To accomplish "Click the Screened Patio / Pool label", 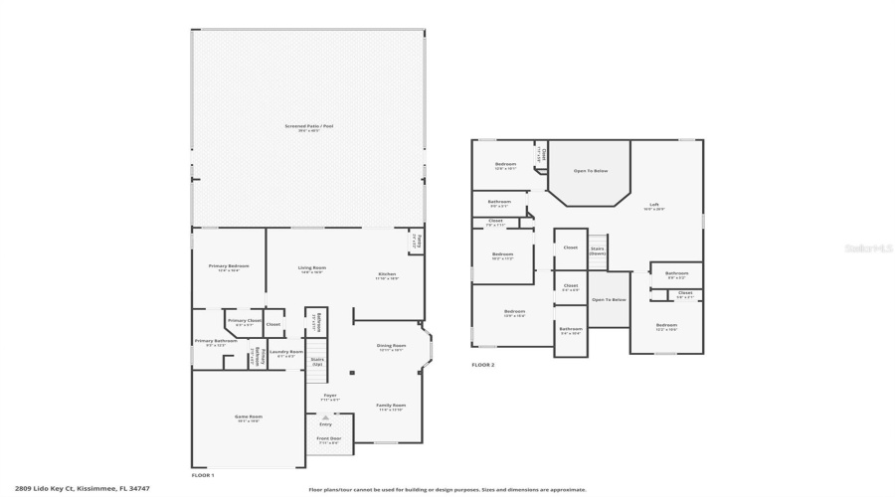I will [x=308, y=127].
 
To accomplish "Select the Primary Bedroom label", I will [x=229, y=267].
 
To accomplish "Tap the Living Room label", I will [x=312, y=268].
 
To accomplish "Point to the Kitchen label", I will [x=387, y=275].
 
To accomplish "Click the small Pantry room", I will [x=417, y=242].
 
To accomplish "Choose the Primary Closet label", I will [x=244, y=322].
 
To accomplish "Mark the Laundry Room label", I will [x=285, y=353].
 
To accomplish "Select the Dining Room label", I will [x=391, y=347].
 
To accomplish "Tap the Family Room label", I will [x=391, y=406].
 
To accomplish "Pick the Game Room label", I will [x=248, y=417].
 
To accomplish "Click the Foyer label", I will [x=329, y=396].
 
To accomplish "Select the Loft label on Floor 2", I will [x=653, y=206].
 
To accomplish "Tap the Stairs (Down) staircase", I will [x=598, y=251].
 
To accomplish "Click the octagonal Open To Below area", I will [x=590, y=172].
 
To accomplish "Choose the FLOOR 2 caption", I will [x=482, y=365].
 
